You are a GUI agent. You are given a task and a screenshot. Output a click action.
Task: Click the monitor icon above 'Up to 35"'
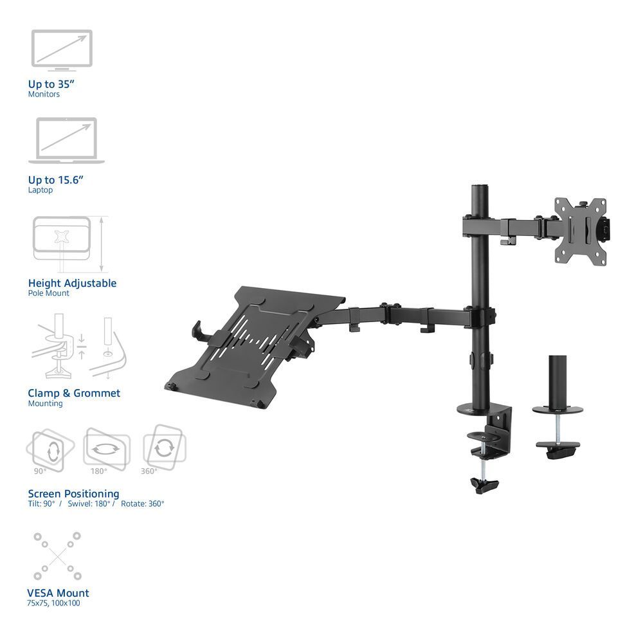[x=62, y=49]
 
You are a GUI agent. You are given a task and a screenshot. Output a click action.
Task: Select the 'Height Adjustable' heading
[x=72, y=283]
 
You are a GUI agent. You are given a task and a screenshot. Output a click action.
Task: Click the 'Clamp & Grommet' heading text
[x=74, y=393]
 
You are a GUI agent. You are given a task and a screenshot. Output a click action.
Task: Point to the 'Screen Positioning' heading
[x=73, y=494]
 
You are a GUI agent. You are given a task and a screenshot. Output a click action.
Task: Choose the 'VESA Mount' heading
[x=59, y=593]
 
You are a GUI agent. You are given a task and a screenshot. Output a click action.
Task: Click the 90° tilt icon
[x=50, y=448]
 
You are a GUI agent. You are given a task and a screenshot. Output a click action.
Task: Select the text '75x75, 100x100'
[x=54, y=603]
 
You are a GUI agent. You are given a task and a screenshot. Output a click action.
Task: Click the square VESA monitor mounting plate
[x=581, y=231]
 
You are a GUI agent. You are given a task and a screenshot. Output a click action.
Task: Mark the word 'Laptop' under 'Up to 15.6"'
[x=41, y=190]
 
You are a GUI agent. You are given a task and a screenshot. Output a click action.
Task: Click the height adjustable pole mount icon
[x=69, y=244]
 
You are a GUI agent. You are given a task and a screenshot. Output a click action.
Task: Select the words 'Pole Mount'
[x=48, y=293]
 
